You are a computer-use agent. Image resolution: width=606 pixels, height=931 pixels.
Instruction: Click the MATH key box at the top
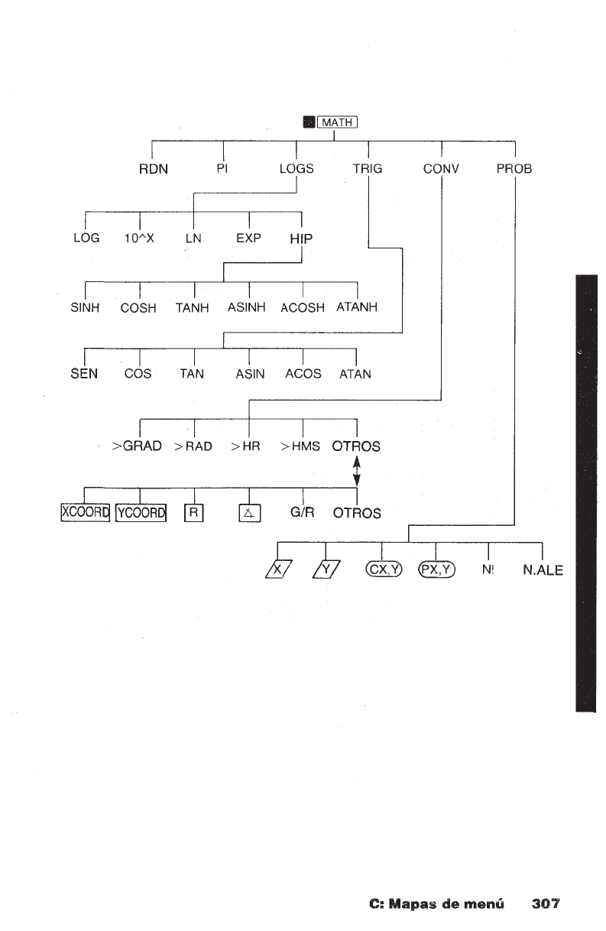[x=337, y=122]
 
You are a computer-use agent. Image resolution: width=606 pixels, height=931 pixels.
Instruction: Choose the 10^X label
[x=140, y=238]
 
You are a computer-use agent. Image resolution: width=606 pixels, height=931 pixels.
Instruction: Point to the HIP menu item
[x=303, y=238]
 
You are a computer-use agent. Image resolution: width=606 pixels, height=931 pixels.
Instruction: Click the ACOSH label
[x=303, y=308]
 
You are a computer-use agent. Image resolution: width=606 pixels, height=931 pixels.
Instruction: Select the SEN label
[x=84, y=374]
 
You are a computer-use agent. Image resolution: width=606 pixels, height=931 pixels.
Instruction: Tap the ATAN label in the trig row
[x=355, y=375]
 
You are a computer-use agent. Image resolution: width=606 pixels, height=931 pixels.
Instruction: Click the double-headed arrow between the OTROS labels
[x=356, y=470]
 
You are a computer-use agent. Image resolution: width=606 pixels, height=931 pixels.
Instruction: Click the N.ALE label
[x=543, y=569]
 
